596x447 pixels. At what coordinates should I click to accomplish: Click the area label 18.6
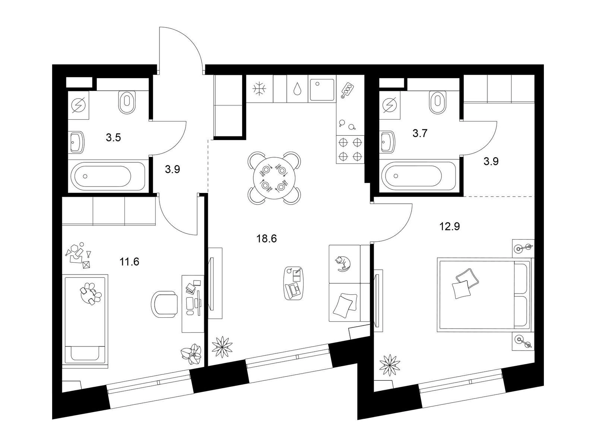[266, 239]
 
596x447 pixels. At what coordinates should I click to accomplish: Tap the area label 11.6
[129, 262]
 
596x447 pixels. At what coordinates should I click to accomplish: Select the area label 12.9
[450, 226]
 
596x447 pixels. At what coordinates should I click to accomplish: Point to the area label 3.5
[113, 137]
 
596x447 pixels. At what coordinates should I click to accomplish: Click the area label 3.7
[420, 133]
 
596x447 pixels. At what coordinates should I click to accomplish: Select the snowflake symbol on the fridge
[259, 89]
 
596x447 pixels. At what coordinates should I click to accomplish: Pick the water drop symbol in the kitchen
[297, 89]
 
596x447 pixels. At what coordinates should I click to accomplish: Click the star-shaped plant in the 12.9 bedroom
[390, 365]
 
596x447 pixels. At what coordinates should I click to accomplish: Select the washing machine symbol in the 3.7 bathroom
[390, 105]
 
